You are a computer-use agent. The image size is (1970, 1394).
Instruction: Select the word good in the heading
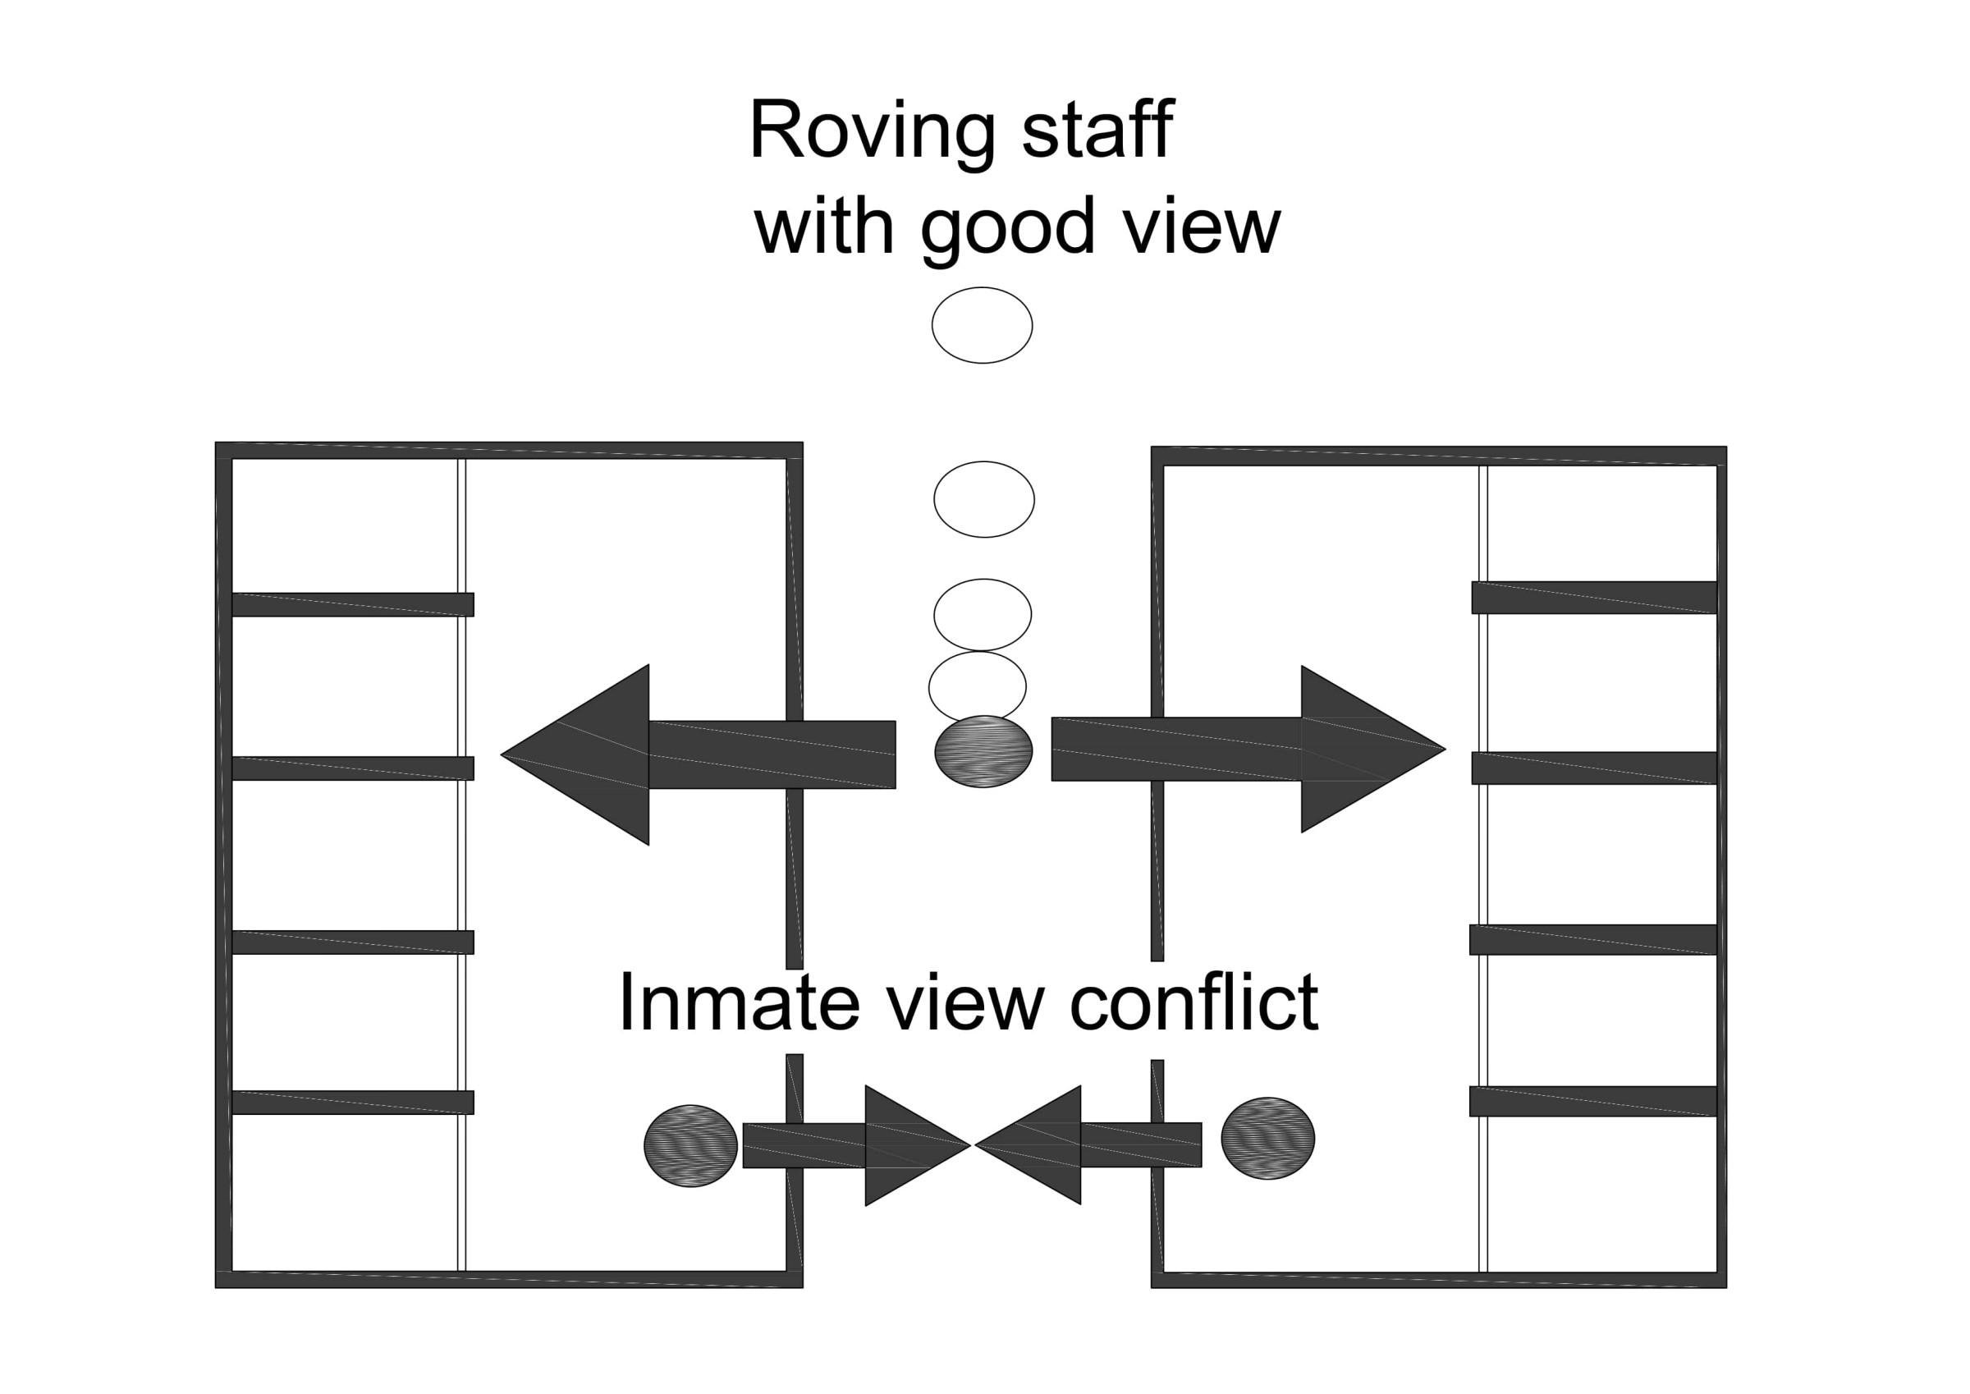(x=1007, y=227)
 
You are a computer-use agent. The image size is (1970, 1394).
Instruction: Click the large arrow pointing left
(x=669, y=754)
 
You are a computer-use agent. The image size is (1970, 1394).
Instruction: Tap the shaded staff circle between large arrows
(x=983, y=752)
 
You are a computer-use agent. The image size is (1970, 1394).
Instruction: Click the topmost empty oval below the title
(x=982, y=325)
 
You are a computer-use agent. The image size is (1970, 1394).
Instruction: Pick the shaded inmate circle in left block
(x=690, y=1146)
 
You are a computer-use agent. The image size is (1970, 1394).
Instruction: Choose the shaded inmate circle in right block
(x=1267, y=1138)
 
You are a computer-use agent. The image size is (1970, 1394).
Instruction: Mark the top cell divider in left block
(x=353, y=604)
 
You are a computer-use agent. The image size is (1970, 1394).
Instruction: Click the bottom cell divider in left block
(x=353, y=1103)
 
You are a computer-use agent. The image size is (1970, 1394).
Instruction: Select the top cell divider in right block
(x=1594, y=598)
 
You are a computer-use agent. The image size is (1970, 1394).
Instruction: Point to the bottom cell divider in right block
(x=1593, y=1101)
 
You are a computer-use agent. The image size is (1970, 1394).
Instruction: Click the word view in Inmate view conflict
(x=965, y=1002)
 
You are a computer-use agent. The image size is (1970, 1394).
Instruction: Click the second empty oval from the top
(x=984, y=500)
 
